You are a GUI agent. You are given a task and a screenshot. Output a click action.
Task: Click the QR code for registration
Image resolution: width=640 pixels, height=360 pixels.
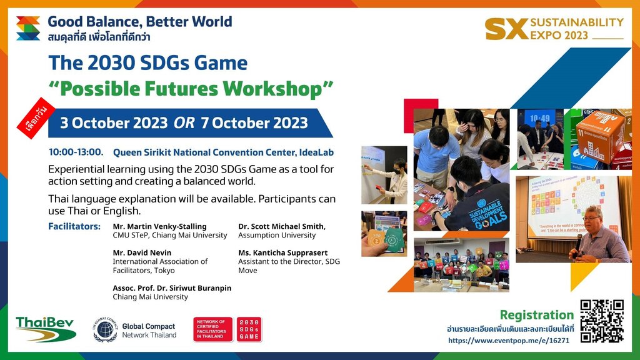[602, 321]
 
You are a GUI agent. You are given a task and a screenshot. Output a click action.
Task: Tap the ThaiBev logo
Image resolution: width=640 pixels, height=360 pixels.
[45, 329]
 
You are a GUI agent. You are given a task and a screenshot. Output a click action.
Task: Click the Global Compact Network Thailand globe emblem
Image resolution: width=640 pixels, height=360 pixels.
[105, 329]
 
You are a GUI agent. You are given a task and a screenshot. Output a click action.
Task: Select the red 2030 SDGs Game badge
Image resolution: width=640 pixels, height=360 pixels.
[249, 329]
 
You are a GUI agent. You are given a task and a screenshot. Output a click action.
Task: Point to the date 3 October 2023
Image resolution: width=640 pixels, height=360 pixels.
[114, 122]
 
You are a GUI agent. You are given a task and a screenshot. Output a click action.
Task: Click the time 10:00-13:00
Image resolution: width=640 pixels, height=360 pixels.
[76, 152]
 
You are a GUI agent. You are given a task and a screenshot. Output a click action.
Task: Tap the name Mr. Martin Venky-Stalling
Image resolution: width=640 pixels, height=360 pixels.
[159, 226]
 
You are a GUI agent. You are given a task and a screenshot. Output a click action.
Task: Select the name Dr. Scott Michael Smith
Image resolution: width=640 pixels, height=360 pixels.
[281, 226]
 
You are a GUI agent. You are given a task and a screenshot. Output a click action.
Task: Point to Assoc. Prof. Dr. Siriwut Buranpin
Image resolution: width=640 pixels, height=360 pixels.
[172, 288]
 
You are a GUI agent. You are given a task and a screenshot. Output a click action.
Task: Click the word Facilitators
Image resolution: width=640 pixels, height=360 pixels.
[74, 226]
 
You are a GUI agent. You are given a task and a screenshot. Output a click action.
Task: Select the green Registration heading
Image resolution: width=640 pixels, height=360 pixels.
[536, 315]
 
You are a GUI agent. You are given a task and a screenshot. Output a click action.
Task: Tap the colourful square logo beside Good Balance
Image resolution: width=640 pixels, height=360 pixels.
[28, 28]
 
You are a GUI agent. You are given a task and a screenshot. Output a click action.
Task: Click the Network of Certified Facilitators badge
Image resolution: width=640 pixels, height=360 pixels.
[212, 329]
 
